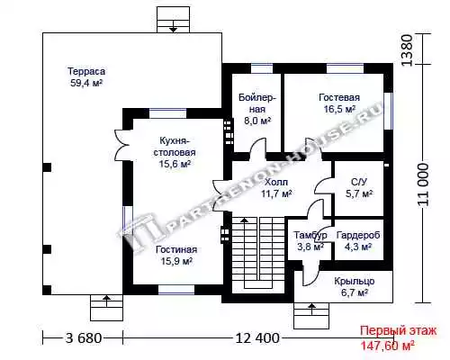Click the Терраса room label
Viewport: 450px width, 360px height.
[x=86, y=71]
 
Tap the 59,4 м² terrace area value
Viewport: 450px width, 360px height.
[x=86, y=83]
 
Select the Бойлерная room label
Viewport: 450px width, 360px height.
[x=257, y=103]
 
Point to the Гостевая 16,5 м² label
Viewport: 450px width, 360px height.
[x=339, y=103]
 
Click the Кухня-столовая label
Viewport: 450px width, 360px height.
[x=175, y=147]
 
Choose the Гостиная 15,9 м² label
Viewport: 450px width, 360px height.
[x=176, y=256]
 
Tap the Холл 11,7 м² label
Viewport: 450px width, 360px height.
[x=276, y=188]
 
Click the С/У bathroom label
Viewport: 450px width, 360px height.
[x=359, y=182]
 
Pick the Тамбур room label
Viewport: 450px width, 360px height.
[x=310, y=235]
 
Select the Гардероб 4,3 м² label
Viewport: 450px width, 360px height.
[x=358, y=241]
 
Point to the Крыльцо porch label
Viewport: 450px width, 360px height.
[x=355, y=281]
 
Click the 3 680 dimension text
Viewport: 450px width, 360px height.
[x=84, y=338]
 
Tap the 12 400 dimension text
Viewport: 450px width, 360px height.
[x=257, y=338]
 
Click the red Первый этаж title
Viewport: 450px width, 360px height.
[x=399, y=331]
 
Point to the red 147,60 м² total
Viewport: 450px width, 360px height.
[x=387, y=346]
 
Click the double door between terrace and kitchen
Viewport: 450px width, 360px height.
[x=121, y=145]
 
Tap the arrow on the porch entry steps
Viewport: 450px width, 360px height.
[x=311, y=309]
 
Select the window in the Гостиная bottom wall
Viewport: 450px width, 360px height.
[x=176, y=290]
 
